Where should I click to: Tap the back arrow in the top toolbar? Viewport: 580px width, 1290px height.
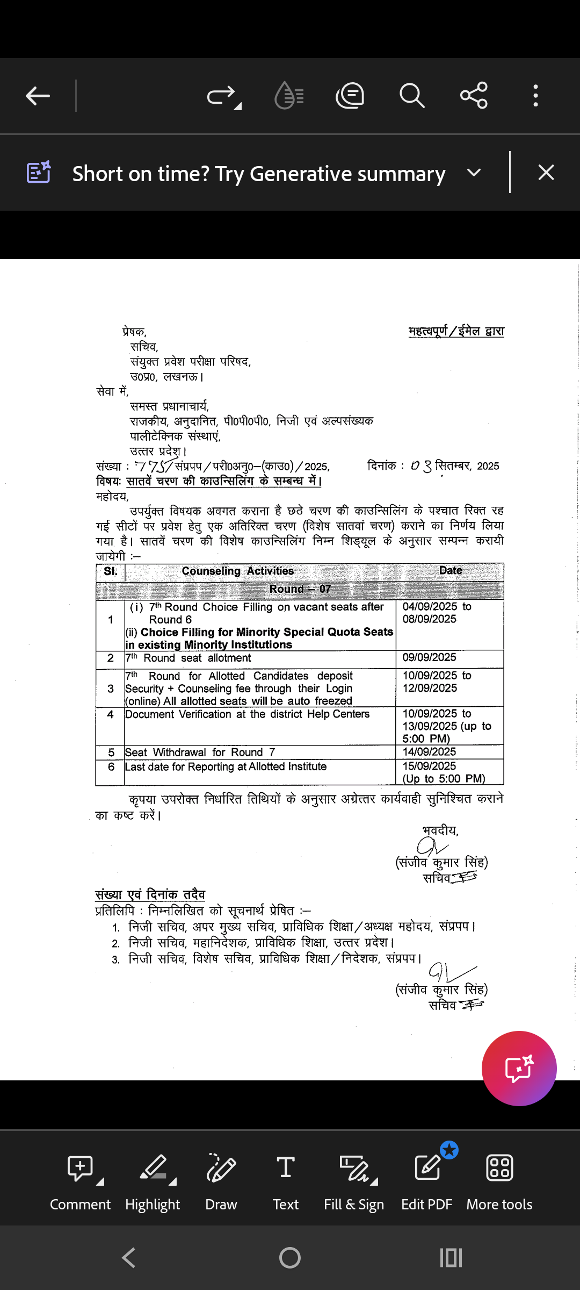(x=38, y=96)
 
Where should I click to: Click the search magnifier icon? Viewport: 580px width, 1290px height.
(x=412, y=96)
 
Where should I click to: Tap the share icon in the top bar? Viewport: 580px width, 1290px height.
(x=474, y=96)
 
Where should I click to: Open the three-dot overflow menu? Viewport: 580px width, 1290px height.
(x=535, y=96)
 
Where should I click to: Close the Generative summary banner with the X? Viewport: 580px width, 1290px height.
(x=546, y=173)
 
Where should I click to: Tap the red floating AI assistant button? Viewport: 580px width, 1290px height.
(x=519, y=1068)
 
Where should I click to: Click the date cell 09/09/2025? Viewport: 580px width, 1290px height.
(x=430, y=657)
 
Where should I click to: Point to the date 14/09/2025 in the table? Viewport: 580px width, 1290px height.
(x=430, y=752)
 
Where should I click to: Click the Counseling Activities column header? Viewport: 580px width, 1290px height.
(x=238, y=571)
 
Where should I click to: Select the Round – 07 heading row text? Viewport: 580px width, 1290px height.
(x=300, y=589)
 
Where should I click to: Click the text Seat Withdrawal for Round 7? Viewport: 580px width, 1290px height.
(x=200, y=752)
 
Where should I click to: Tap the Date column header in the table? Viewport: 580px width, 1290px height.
(x=450, y=570)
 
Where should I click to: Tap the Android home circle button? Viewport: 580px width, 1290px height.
(x=290, y=1258)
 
